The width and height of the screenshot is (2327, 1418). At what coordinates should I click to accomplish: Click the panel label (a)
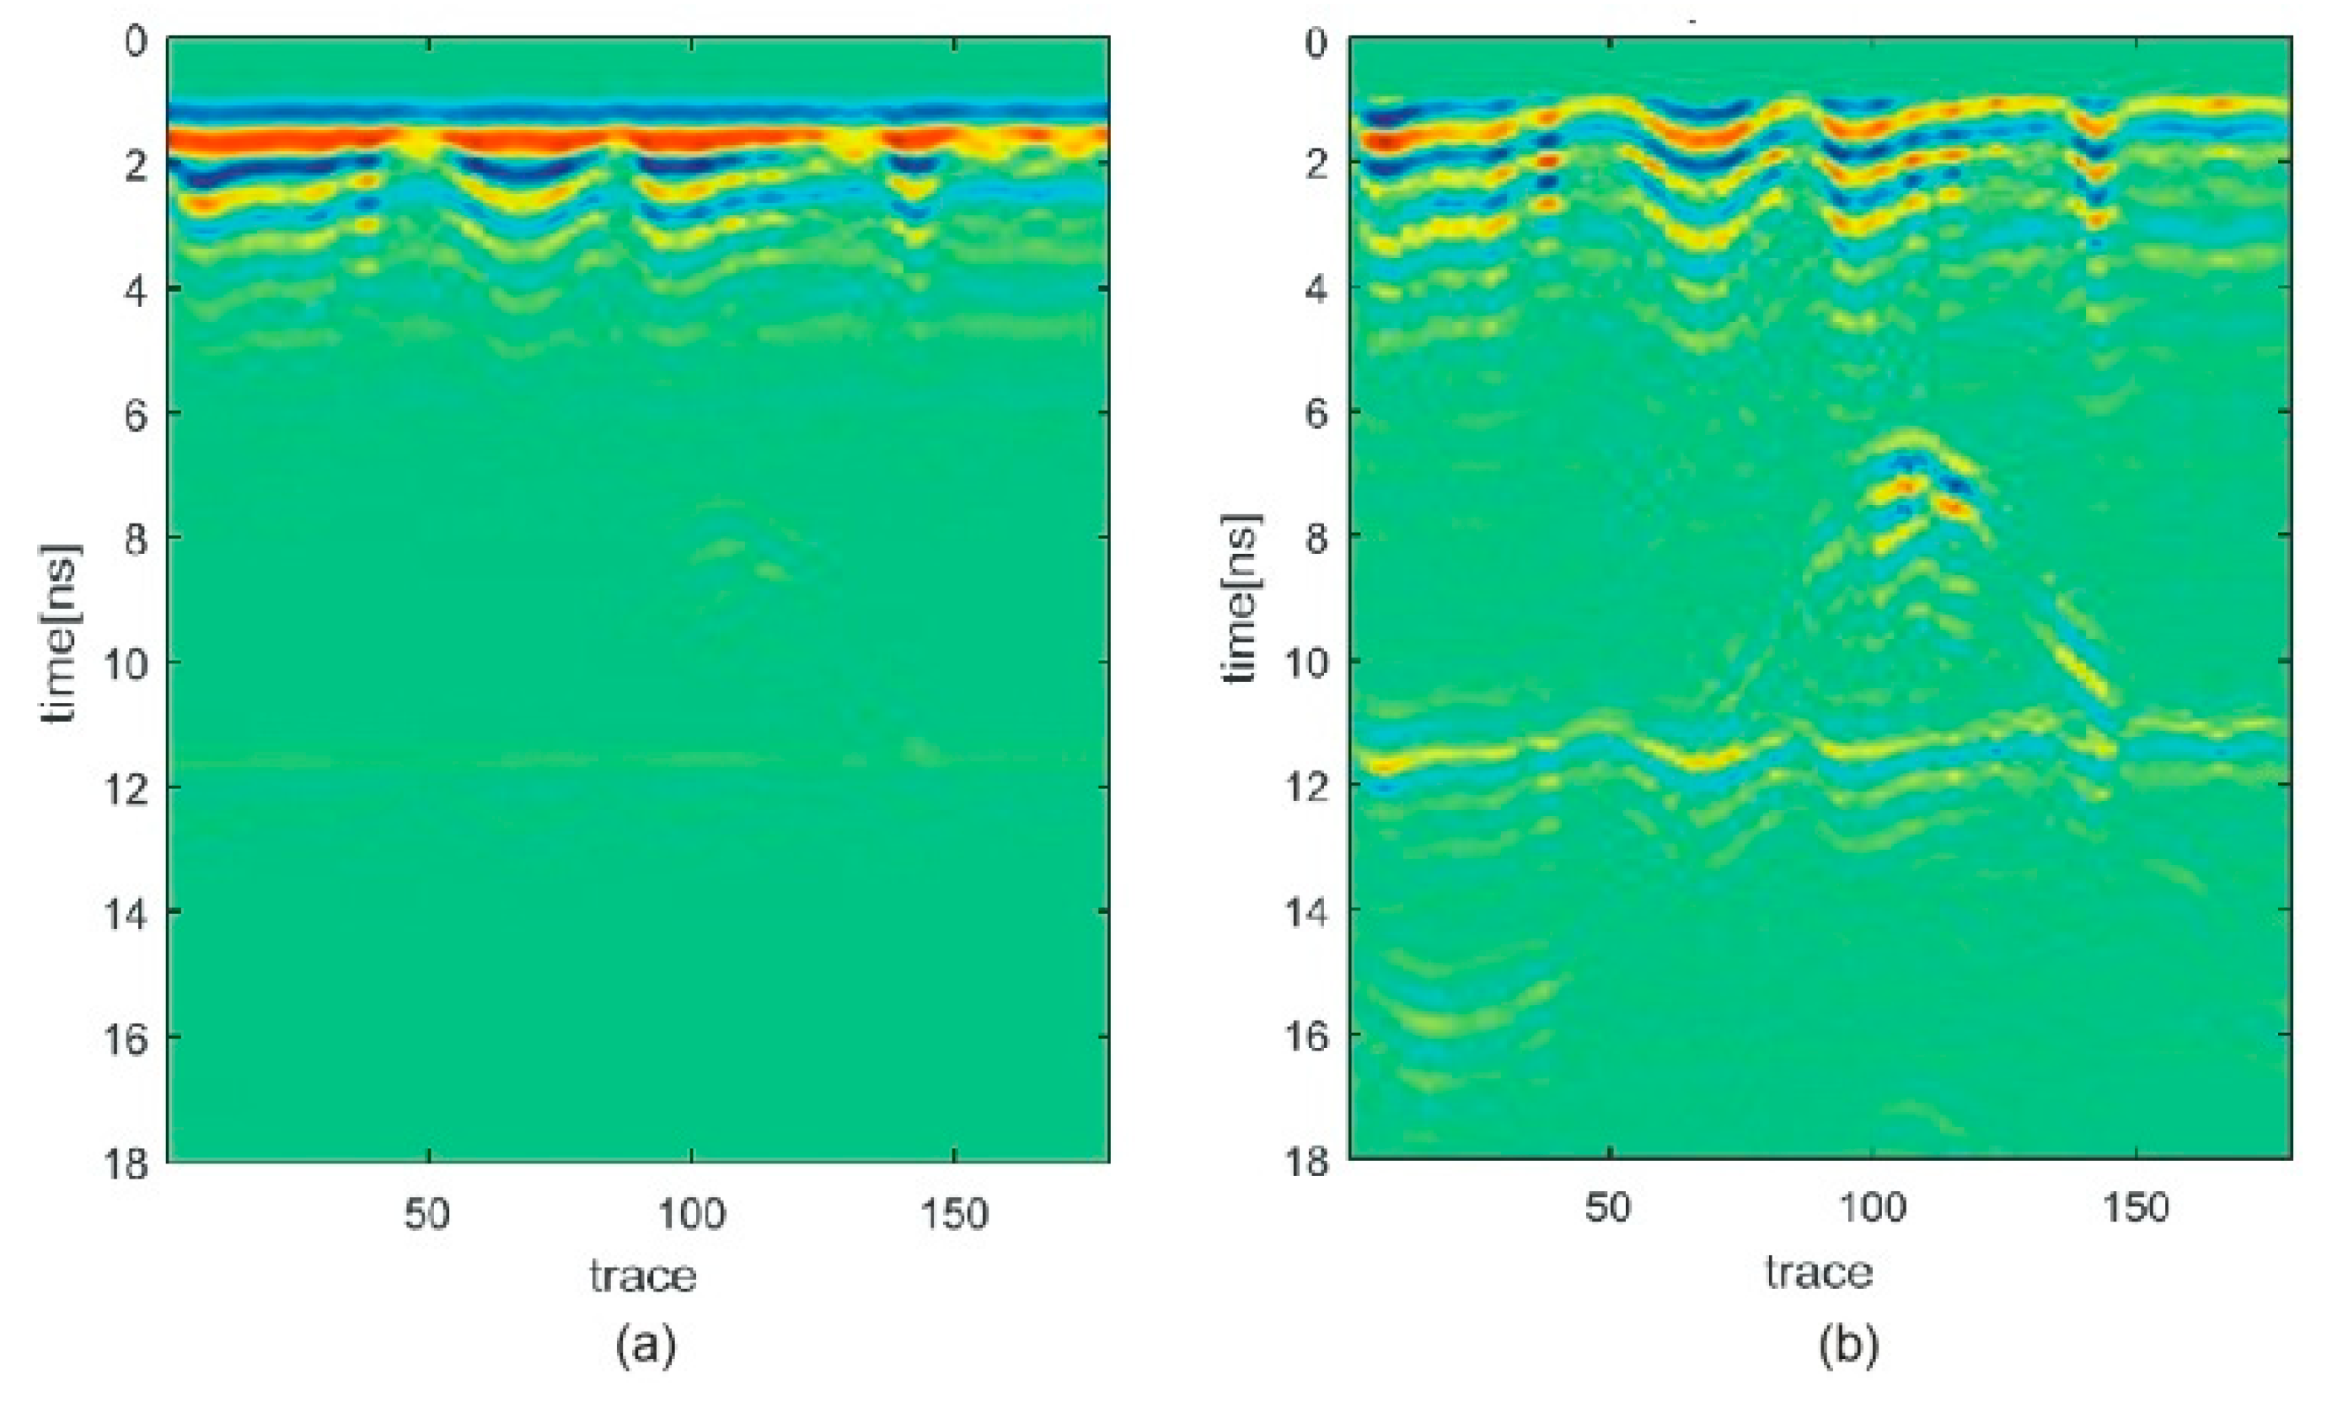tap(646, 1343)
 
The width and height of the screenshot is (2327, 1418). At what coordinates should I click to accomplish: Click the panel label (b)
tap(1848, 1343)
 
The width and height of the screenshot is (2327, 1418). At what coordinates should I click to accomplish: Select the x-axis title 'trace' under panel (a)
tap(643, 1276)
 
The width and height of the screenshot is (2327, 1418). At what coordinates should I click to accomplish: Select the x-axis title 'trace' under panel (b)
tap(1819, 1271)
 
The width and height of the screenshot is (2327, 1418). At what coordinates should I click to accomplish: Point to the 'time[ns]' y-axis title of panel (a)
tap(61, 633)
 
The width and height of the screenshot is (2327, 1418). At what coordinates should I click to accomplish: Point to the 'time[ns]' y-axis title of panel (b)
tap(1241, 598)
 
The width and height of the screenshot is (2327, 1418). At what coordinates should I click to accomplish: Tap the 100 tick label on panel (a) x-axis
tap(691, 1213)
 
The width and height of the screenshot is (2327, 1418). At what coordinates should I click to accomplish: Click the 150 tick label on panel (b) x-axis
tap(2134, 1207)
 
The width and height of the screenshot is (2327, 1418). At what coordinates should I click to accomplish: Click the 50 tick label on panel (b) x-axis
tap(1607, 1207)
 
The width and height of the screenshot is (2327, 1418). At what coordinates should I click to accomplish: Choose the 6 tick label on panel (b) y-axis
tap(1316, 413)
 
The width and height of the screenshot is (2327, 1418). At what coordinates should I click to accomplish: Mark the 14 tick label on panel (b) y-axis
tap(1306, 911)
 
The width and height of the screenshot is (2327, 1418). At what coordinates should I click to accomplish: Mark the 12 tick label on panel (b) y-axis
tap(1306, 786)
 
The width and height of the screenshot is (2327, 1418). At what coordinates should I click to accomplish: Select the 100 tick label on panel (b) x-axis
tap(1872, 1207)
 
